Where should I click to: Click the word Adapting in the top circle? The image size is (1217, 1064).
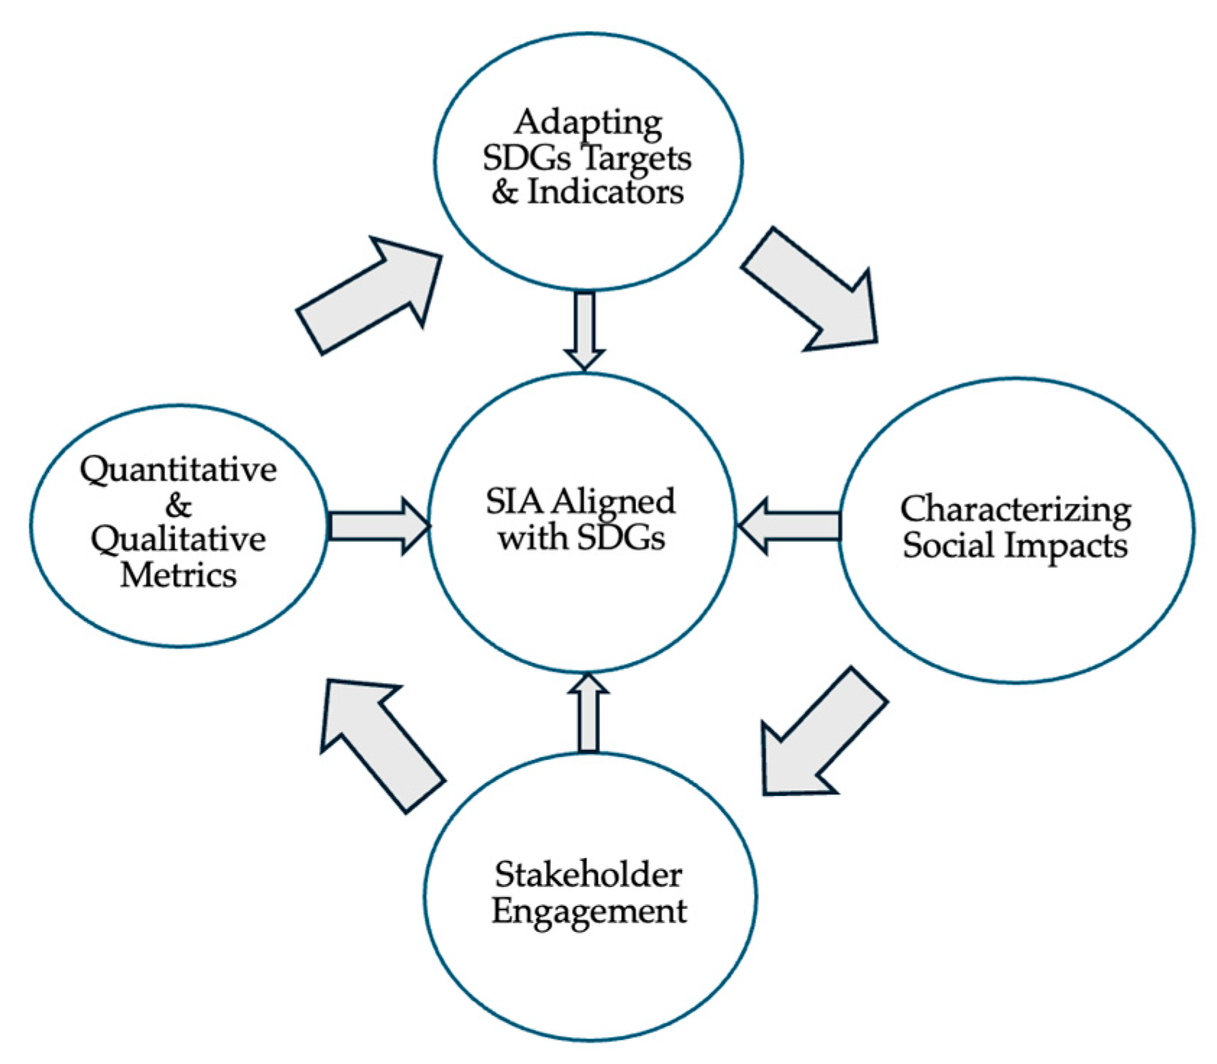point(588,123)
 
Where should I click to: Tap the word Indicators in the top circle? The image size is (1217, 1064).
point(605,192)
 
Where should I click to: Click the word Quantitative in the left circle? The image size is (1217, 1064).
point(178,470)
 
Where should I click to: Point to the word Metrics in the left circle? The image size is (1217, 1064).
point(178,575)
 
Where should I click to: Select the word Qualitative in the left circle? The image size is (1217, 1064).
point(178,540)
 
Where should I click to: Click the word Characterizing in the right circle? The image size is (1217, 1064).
point(1015,510)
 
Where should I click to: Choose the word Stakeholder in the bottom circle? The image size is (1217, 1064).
point(588,875)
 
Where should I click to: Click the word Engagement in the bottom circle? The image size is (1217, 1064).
point(589,910)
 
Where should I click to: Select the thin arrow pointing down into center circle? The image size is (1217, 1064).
point(584,329)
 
